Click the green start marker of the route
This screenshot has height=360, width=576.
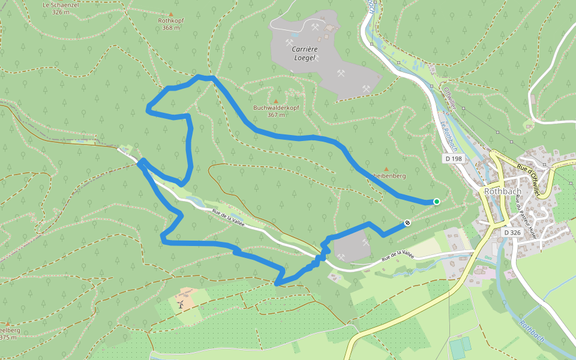click(437, 202)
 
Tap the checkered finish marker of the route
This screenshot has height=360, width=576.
click(407, 223)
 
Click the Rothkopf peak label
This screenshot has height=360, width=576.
click(170, 20)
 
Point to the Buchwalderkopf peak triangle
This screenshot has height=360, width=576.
click(276, 101)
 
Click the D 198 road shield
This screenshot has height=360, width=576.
click(454, 159)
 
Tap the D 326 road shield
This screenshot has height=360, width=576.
click(512, 232)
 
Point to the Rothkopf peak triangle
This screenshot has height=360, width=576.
click(170, 13)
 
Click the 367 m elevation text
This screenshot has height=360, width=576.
click(276, 115)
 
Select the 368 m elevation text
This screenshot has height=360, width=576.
click(170, 28)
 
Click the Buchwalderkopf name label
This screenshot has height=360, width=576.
click(276, 108)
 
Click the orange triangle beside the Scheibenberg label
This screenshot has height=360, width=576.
click(386, 169)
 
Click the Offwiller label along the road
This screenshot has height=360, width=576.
click(451, 98)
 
